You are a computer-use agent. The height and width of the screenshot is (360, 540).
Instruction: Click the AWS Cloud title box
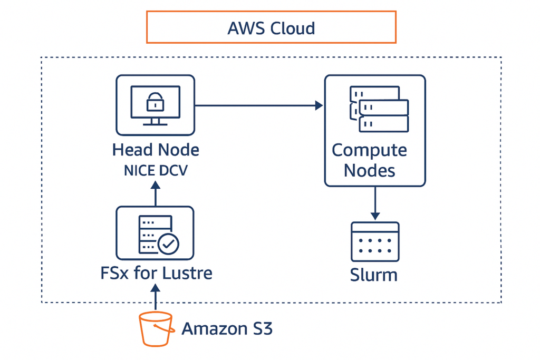pyautogui.click(x=271, y=27)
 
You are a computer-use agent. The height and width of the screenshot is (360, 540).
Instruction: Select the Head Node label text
pyautogui.click(x=156, y=150)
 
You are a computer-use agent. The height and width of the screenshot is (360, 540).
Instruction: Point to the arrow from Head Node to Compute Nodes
pyautogui.click(x=258, y=105)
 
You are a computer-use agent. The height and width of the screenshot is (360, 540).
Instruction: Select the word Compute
pyautogui.click(x=369, y=150)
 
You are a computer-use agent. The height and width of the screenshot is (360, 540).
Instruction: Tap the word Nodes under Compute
pyautogui.click(x=369, y=170)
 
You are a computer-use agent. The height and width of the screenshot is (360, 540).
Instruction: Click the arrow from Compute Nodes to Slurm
pyautogui.click(x=375, y=203)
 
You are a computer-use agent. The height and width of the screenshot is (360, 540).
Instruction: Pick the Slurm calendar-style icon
pyautogui.click(x=375, y=242)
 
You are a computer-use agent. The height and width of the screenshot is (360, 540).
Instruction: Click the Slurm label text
pyautogui.click(x=374, y=275)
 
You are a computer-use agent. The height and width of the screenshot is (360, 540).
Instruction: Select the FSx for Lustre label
pyautogui.click(x=156, y=273)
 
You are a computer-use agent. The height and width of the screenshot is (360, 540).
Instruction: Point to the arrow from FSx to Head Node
pyautogui.click(x=156, y=193)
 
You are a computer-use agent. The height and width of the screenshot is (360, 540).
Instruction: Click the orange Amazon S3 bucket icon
pyautogui.click(x=156, y=329)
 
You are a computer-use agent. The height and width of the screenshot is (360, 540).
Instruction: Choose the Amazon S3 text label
pyautogui.click(x=227, y=329)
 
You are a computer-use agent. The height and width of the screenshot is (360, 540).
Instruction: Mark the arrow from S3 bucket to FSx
pyautogui.click(x=156, y=298)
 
